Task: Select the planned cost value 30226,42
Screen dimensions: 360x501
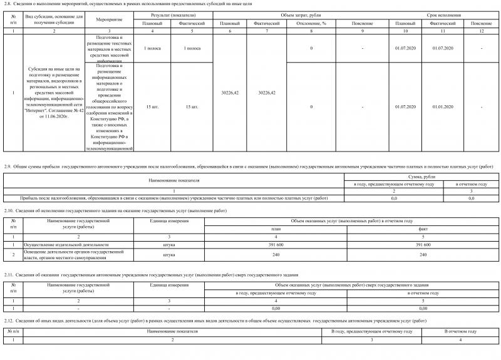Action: tap(231, 93)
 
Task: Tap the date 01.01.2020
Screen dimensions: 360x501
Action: tap(442, 106)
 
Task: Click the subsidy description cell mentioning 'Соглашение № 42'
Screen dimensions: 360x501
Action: tap(53, 93)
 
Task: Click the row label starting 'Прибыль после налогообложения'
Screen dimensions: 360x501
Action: tap(175, 198)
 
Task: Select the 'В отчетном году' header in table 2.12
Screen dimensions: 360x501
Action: tap(460, 331)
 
